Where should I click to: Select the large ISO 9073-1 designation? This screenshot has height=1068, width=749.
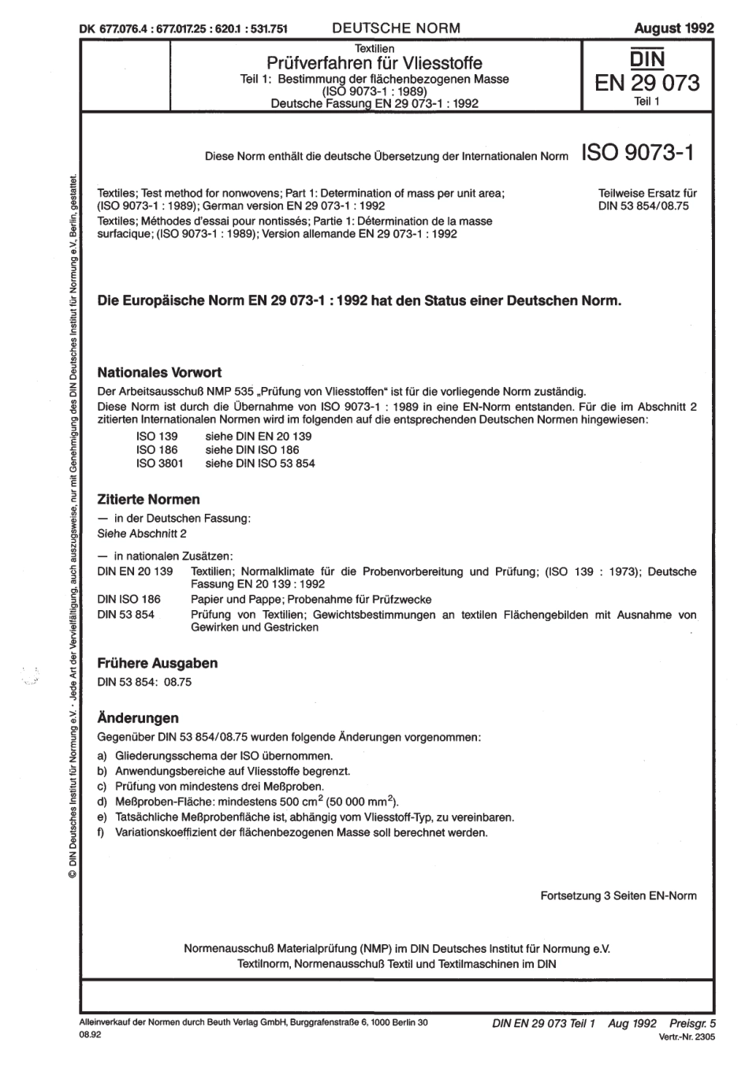click(638, 153)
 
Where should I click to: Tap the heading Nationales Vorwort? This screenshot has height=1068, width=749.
click(158, 372)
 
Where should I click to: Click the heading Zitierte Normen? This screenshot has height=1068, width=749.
click(148, 500)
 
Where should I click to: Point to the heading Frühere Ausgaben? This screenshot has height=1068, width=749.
click(157, 663)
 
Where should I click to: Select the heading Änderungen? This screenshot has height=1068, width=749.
click(137, 718)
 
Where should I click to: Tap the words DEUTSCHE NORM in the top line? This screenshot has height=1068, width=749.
click(396, 28)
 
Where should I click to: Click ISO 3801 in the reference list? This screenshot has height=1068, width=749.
click(160, 463)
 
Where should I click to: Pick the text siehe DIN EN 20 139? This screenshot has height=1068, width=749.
click(258, 436)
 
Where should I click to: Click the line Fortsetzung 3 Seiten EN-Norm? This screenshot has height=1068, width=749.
click(618, 896)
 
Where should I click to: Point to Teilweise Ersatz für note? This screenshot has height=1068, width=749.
click(648, 192)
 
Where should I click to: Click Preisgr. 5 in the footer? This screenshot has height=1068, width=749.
click(691, 1022)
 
